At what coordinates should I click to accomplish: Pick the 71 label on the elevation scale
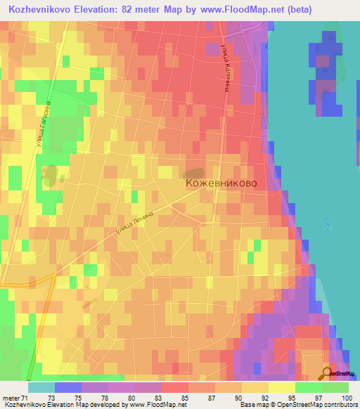(x=25, y=398)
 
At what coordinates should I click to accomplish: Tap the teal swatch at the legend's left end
(x=41, y=387)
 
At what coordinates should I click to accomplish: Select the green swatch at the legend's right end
(x=335, y=387)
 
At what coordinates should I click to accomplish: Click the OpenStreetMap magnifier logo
(x=327, y=373)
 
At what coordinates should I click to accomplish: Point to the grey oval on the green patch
(x=49, y=172)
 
